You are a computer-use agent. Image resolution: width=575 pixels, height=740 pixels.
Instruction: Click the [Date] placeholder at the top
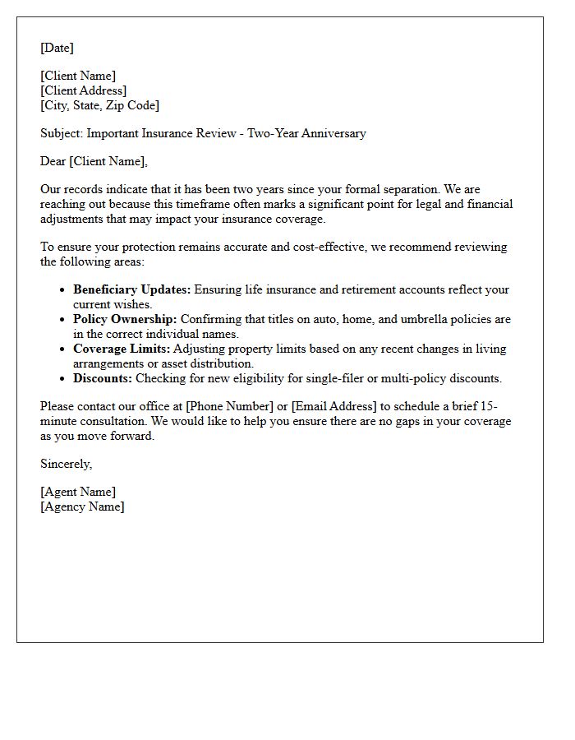pos(57,48)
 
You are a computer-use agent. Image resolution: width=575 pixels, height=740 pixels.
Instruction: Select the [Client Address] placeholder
pos(83,90)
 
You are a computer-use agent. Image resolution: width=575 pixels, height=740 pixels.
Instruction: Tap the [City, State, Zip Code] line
pos(99,105)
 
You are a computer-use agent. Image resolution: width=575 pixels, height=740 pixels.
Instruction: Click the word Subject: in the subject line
pos(62,133)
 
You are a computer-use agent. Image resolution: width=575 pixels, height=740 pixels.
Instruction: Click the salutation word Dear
pos(53,161)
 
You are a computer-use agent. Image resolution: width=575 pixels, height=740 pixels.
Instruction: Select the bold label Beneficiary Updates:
pos(131,289)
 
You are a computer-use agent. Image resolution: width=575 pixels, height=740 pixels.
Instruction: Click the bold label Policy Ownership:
pos(125,319)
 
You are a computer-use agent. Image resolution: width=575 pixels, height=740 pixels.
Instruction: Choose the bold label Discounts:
pos(103,378)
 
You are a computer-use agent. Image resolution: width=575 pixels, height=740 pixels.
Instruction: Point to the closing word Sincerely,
pos(66,464)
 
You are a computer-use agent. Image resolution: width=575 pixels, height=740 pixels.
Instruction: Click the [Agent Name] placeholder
pos(78,492)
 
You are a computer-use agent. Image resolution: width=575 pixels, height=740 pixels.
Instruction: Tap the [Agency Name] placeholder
pos(82,506)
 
